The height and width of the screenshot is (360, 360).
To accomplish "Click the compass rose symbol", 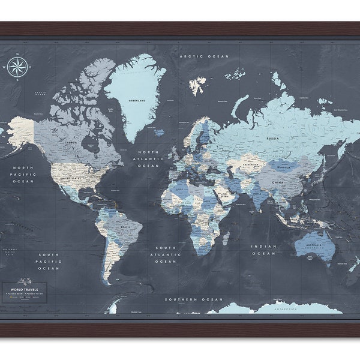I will pyautogui.click(x=18, y=66).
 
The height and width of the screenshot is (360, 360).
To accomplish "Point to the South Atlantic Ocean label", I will pyautogui.click(x=166, y=254).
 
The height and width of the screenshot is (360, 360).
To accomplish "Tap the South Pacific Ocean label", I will pyautogui.click(x=48, y=261).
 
